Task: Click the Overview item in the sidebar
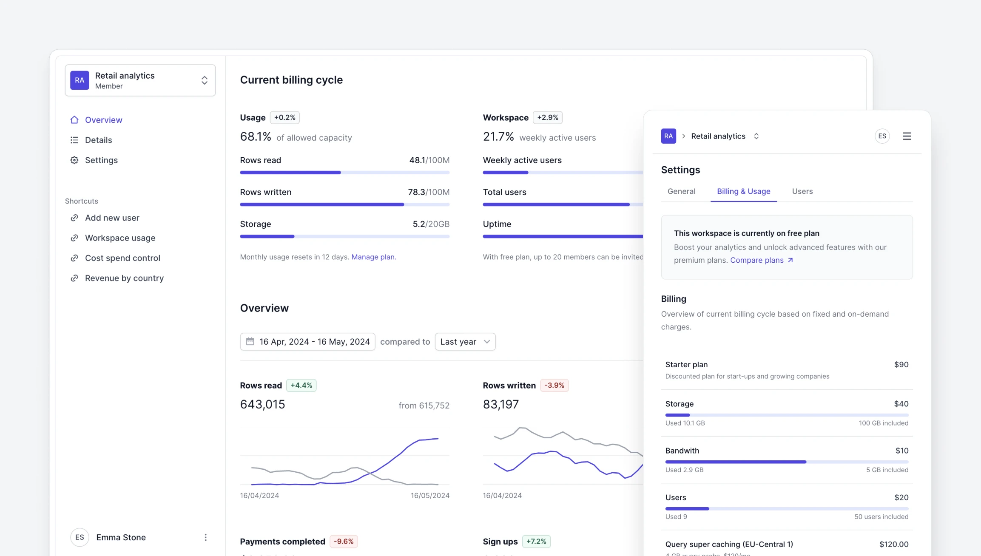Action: pyautogui.click(x=103, y=120)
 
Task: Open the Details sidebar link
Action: pyautogui.click(x=98, y=140)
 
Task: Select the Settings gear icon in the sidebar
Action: pyautogui.click(x=74, y=160)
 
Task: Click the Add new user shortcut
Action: pyautogui.click(x=112, y=218)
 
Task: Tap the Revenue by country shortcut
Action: pyautogui.click(x=124, y=278)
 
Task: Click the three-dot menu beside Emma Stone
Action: pyautogui.click(x=205, y=537)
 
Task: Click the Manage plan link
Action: pyautogui.click(x=373, y=257)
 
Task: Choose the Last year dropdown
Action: pyautogui.click(x=465, y=342)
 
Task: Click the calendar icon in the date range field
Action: pyautogui.click(x=250, y=341)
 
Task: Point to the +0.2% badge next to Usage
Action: pyautogui.click(x=284, y=117)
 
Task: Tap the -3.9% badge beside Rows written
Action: pyautogui.click(x=554, y=385)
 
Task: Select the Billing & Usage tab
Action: pyautogui.click(x=743, y=191)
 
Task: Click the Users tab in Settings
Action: pyautogui.click(x=802, y=191)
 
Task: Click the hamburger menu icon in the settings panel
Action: pyautogui.click(x=907, y=136)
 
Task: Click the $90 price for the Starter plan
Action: pyautogui.click(x=901, y=364)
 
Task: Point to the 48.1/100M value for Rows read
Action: pyautogui.click(x=429, y=160)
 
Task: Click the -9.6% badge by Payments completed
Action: pyautogui.click(x=343, y=541)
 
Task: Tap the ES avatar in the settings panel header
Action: pyautogui.click(x=882, y=136)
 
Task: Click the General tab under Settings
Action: pyautogui.click(x=681, y=191)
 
